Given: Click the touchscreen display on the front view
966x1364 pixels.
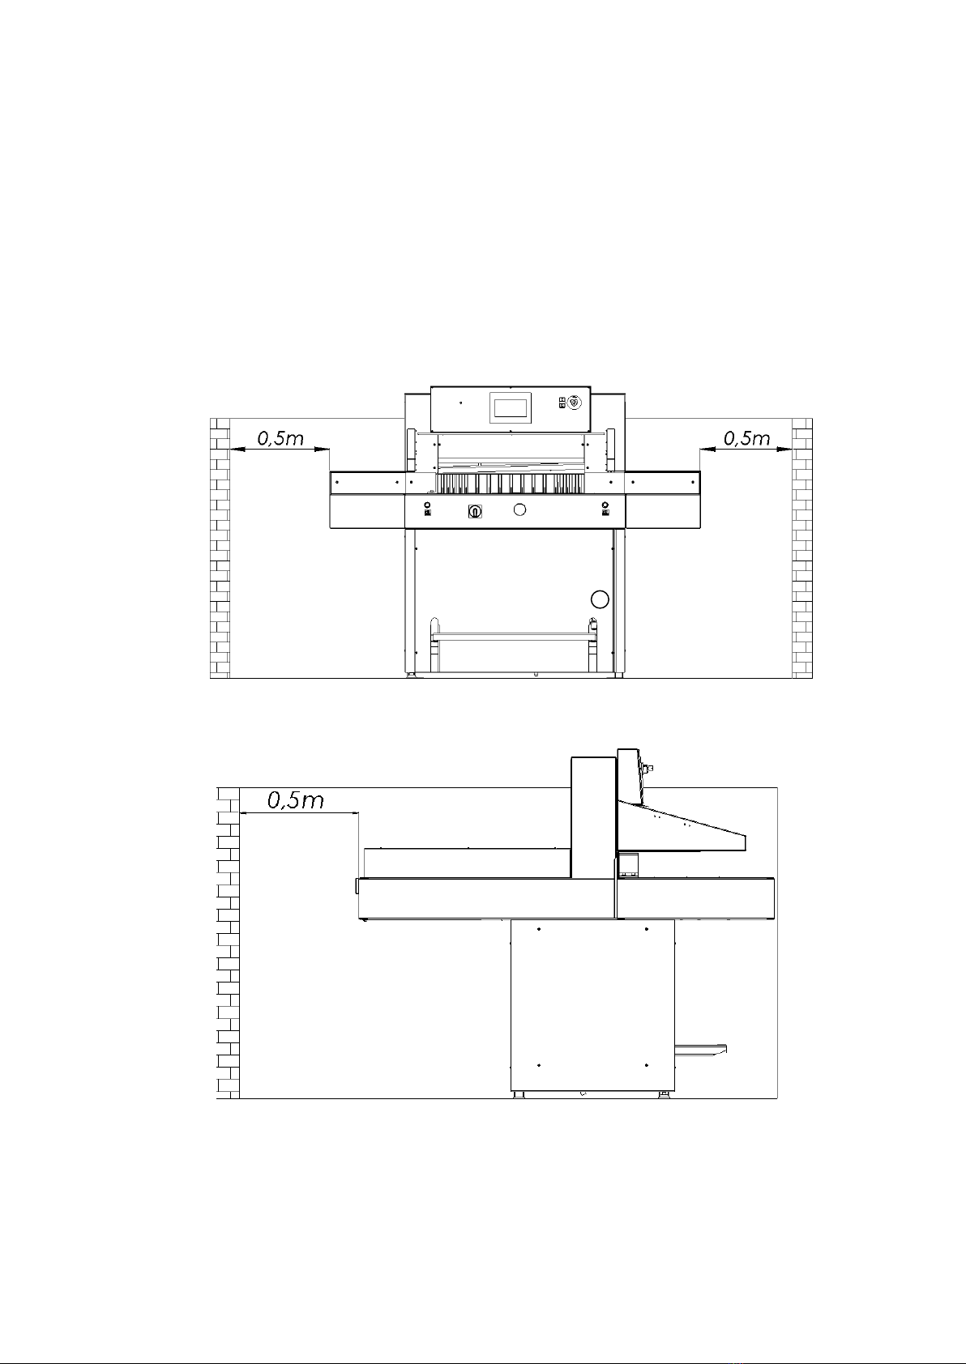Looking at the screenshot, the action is [511, 407].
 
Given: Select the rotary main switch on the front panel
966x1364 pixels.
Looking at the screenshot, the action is [475, 512].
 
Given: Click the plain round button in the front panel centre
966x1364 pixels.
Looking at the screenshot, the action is [519, 509].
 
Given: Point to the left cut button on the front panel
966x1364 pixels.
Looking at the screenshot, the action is [427, 509].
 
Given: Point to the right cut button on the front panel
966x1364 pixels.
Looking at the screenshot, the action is [605, 509].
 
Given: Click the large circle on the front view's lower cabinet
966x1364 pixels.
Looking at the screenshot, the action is [600, 599].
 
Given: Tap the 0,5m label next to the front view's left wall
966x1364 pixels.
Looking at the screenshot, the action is [280, 438].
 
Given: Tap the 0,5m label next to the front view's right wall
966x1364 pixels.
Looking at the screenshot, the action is [746, 438].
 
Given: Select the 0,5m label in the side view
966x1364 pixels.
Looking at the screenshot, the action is [296, 801].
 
